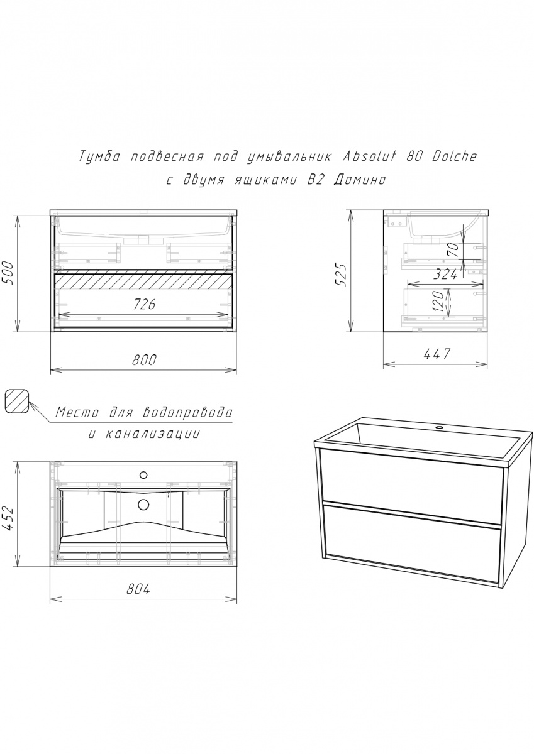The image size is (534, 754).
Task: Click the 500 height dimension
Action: click(x=9, y=272)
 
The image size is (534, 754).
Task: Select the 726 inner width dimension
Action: click(x=144, y=304)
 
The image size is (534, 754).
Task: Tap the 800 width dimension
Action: click(x=144, y=360)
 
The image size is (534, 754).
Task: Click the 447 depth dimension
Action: click(x=437, y=354)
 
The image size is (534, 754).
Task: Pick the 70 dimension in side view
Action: click(x=453, y=250)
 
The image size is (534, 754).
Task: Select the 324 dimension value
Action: click(x=445, y=275)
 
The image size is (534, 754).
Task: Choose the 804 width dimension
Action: click(x=138, y=589)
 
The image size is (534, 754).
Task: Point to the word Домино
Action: click(x=359, y=180)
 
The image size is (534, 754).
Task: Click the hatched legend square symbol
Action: click(x=17, y=401)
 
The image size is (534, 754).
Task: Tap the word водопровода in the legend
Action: click(x=187, y=412)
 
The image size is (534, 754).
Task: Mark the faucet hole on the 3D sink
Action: click(x=439, y=427)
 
